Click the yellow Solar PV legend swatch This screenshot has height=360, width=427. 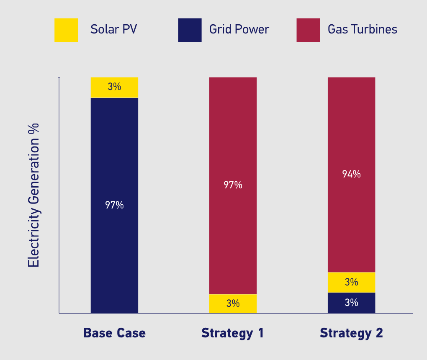tap(66, 30)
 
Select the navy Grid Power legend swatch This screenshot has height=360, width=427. tap(190, 30)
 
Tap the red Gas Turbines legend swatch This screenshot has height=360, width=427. tap(308, 30)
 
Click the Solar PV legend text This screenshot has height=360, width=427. tap(113, 29)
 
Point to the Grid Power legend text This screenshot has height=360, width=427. tap(239, 29)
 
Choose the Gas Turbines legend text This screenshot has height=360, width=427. tap(363, 29)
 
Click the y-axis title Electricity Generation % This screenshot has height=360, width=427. tap(33, 195)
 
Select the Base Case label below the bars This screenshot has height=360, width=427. tap(114, 333)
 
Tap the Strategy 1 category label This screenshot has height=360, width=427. tap(233, 333)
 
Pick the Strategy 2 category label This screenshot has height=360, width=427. tap(352, 333)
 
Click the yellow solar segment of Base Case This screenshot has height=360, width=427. tap(114, 87)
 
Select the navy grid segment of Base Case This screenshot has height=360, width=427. tap(114, 206)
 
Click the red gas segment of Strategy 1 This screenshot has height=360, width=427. tap(233, 186)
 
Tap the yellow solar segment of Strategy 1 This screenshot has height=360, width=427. tap(233, 304)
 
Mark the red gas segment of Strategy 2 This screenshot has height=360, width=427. tap(352, 175)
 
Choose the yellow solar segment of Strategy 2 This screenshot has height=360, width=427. tap(352, 283)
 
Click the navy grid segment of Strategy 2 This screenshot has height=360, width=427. tap(352, 303)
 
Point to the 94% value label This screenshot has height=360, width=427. tap(352, 174)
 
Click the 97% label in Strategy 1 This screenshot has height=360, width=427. tap(233, 185)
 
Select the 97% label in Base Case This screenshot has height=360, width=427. tap(114, 205)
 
